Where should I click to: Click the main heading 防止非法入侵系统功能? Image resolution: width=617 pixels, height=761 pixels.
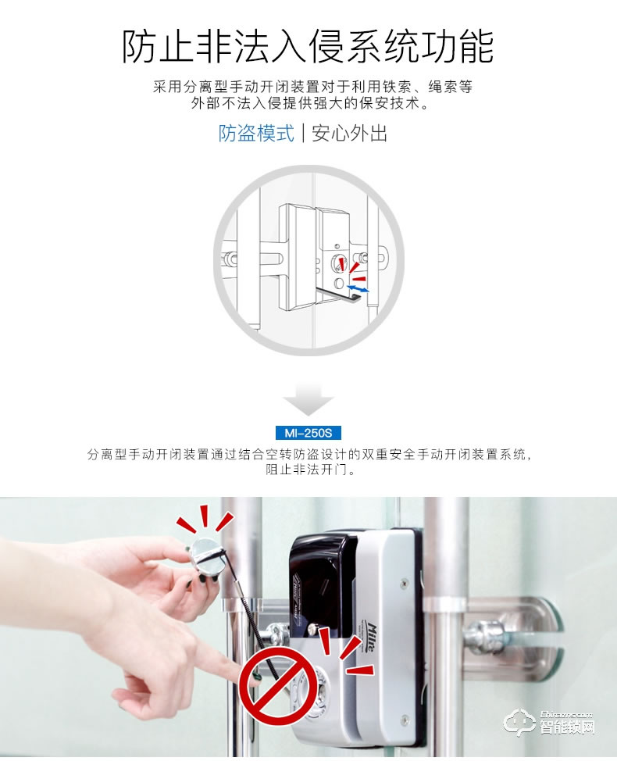tap(308, 46)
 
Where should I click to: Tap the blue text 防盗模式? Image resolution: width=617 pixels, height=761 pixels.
tap(256, 133)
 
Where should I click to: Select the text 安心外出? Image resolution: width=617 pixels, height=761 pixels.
tap(349, 133)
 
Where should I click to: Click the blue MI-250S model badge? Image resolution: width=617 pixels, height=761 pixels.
tap(308, 432)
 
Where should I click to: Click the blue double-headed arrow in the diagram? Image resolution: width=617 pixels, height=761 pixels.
tap(358, 289)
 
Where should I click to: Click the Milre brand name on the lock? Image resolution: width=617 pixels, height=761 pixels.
tap(371, 638)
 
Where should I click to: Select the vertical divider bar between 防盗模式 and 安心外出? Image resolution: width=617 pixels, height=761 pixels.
tap(303, 133)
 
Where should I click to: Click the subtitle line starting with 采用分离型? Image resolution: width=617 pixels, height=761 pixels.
tap(312, 87)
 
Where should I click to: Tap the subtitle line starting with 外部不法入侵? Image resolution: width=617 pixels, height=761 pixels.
tap(310, 103)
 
